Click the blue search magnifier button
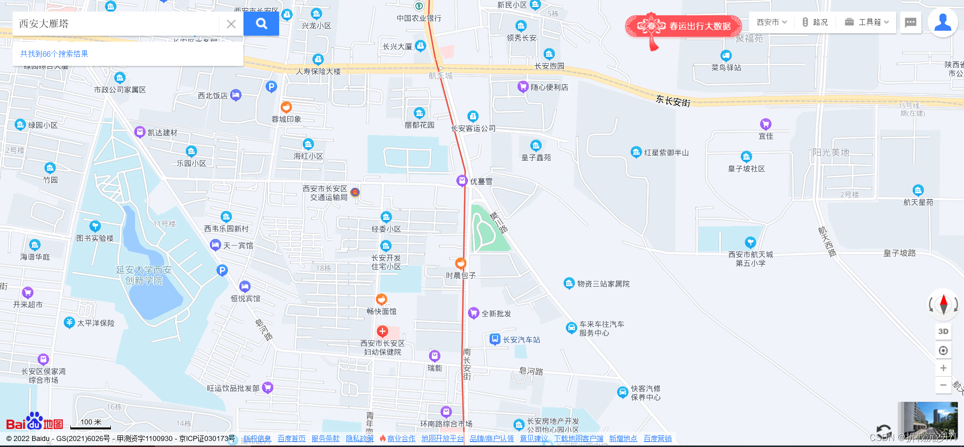(261, 24)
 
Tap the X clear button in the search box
(231, 24)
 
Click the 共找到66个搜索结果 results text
(54, 54)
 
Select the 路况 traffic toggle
(814, 22)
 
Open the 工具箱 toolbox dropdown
(867, 22)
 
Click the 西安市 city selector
(772, 22)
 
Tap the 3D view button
(943, 331)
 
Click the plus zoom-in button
(943, 368)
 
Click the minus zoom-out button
(943, 385)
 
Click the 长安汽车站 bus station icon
(495, 340)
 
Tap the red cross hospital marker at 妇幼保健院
(383, 331)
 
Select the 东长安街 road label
(673, 101)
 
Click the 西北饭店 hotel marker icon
(235, 95)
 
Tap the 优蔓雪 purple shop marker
(462, 181)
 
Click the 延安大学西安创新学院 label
(144, 275)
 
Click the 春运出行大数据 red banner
(684, 26)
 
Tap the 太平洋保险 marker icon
(69, 322)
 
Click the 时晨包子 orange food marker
(460, 263)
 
